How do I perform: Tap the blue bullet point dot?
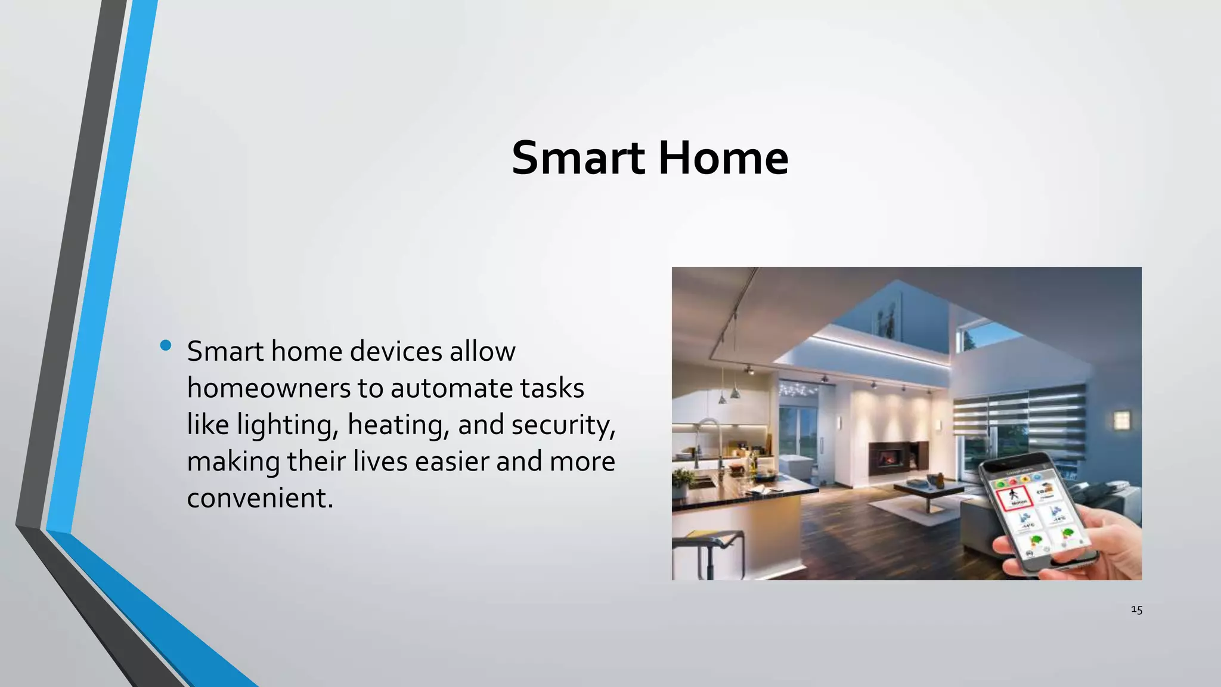(x=166, y=345)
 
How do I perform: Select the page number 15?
(x=1136, y=609)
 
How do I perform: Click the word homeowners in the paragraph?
(x=269, y=388)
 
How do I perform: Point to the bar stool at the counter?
(x=709, y=552)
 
